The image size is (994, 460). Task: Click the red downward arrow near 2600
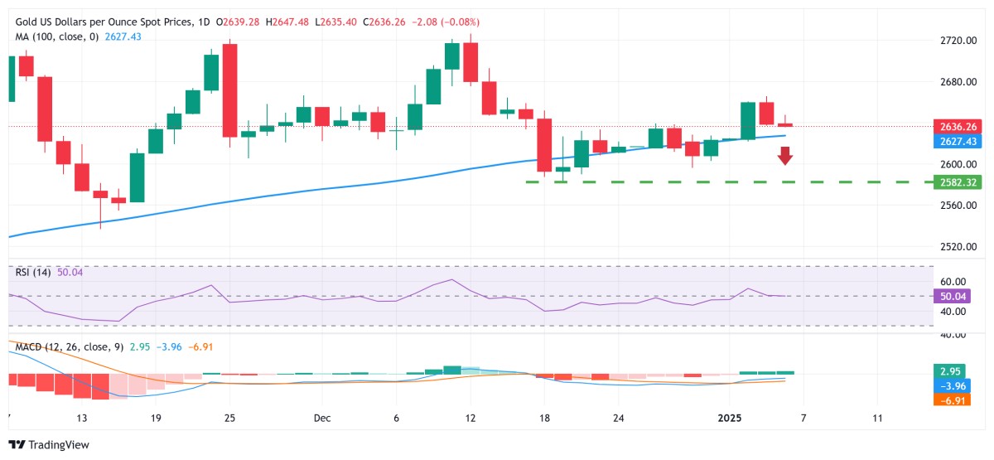785,155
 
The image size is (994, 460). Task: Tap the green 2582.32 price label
957,182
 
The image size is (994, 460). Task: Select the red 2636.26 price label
957,127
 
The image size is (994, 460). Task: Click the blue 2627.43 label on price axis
957,142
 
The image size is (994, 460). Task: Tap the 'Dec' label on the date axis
322,417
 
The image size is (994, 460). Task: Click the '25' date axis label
230,417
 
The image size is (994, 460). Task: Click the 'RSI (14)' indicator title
33,272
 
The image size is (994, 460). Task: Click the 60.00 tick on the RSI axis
953,282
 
